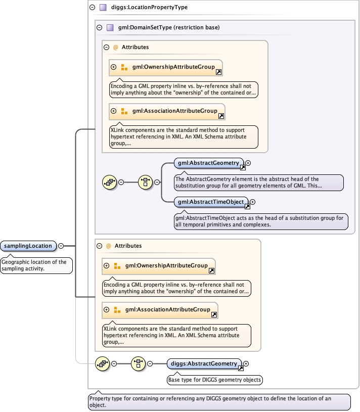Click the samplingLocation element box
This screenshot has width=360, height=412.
click(28, 246)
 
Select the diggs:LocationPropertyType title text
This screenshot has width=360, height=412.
click(142, 8)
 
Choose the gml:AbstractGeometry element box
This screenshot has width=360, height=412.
click(207, 163)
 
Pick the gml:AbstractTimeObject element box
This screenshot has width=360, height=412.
click(210, 202)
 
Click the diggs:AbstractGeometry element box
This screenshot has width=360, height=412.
click(204, 363)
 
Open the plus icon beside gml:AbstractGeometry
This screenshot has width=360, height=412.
click(248, 163)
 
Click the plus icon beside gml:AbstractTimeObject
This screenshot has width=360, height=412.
click(253, 202)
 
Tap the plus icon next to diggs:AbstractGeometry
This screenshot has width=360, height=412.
click(246, 363)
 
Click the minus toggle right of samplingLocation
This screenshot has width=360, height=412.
click(61, 246)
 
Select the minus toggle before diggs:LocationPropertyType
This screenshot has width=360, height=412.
click(92, 8)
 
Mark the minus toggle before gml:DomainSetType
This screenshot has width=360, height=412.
click(99, 27)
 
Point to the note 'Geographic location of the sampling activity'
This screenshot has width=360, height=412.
click(36, 265)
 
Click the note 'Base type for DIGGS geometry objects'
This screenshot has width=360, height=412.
click(215, 380)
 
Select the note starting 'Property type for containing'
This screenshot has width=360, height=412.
click(219, 402)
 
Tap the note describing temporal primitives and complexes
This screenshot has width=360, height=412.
click(259, 221)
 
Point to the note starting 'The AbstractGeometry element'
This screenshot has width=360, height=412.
click(258, 182)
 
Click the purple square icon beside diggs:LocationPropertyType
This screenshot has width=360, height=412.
click(103, 8)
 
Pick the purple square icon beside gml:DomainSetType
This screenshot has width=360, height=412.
click(110, 27)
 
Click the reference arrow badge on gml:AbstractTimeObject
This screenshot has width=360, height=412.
click(247, 205)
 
